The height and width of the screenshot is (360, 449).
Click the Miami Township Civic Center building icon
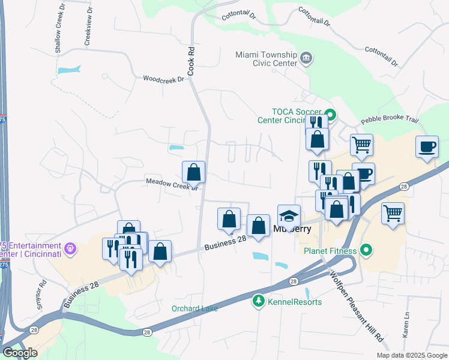307,58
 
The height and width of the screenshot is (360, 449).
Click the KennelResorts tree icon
258,300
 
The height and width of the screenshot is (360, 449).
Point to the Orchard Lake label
194,308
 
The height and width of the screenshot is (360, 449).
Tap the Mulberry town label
291,229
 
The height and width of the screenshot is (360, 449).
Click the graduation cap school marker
289,215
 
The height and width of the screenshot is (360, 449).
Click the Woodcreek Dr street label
163,79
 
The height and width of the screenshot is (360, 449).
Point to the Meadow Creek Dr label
172,182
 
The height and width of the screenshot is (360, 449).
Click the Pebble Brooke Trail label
389,119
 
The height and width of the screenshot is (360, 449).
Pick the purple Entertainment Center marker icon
70,247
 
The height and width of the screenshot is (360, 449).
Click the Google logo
20,353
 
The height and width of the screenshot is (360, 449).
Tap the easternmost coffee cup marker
427,146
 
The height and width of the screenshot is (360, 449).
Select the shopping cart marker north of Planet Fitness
393,213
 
